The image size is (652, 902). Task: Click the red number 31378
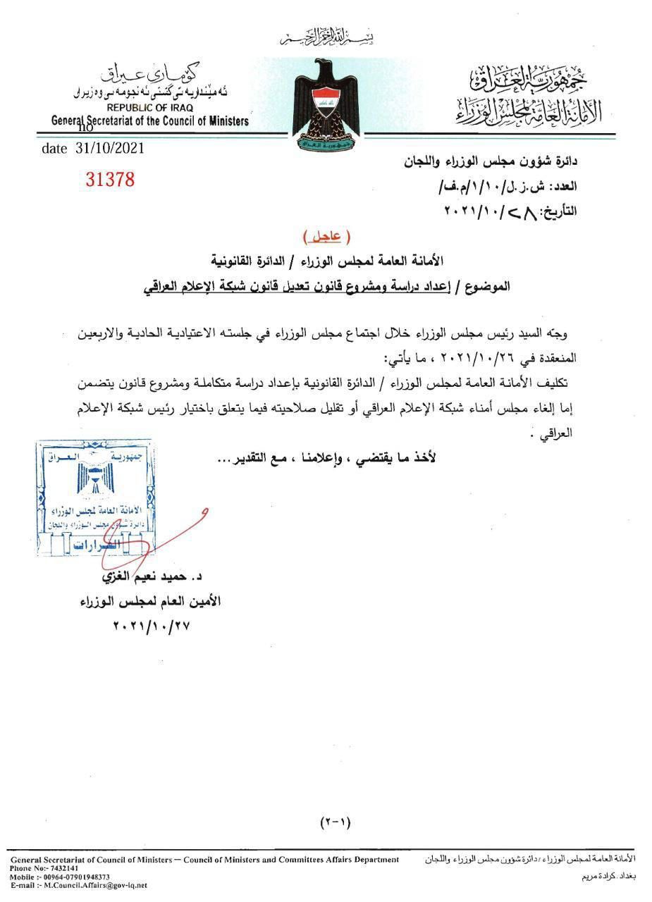point(109,179)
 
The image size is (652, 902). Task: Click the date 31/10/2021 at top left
point(93,149)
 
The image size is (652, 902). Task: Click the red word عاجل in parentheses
point(326,235)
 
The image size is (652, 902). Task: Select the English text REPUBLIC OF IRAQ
point(147,109)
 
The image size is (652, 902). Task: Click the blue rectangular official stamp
point(96,498)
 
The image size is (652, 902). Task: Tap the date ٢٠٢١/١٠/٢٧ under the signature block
point(151,626)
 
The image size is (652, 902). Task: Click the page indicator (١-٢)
point(335,822)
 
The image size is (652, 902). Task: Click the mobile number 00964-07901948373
point(76,877)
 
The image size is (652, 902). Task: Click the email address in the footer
point(92,885)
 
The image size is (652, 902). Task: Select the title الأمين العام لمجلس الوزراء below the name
point(149,602)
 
